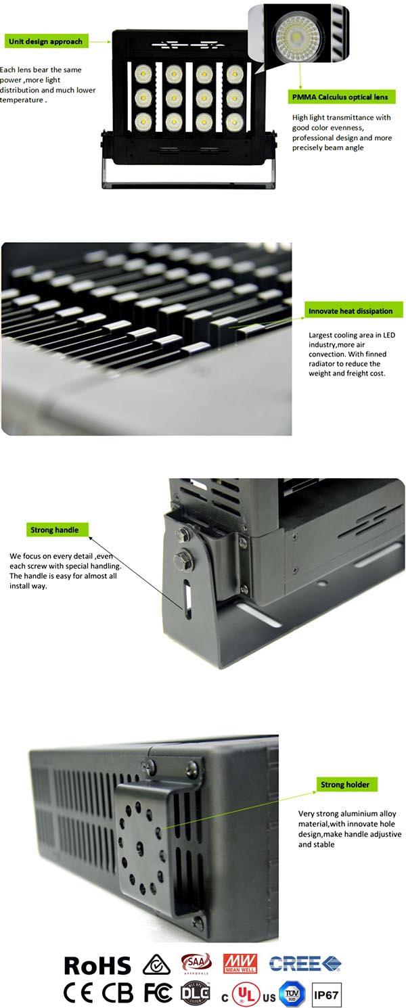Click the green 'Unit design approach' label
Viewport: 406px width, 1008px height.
(x=46, y=41)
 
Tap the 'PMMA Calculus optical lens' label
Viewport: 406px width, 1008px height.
(x=340, y=97)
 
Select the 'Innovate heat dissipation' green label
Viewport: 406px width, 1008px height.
(x=351, y=311)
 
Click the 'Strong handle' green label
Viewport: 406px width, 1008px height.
(x=54, y=530)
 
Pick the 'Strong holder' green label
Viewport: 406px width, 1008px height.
(x=345, y=784)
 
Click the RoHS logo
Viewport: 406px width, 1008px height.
(x=97, y=965)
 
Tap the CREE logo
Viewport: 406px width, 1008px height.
(x=305, y=963)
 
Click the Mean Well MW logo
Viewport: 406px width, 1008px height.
(x=240, y=963)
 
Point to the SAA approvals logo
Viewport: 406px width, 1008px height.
(x=196, y=963)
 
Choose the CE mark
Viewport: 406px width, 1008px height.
(x=78, y=992)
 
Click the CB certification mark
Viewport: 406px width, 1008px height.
(x=117, y=992)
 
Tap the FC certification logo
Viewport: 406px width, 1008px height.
(x=158, y=992)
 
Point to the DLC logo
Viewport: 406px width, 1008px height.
(x=196, y=992)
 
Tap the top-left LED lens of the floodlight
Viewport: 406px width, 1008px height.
(x=143, y=73)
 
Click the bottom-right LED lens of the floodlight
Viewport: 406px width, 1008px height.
(x=235, y=122)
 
